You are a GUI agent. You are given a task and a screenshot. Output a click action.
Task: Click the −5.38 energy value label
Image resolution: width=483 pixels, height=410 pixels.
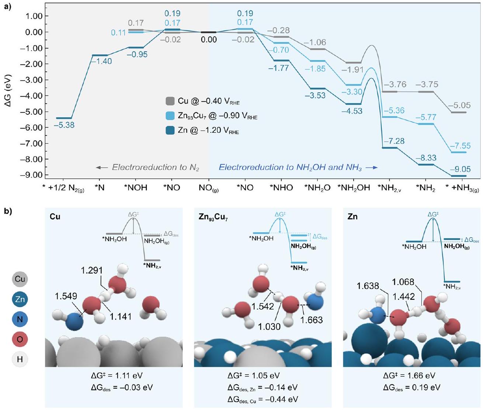click(x=64, y=125)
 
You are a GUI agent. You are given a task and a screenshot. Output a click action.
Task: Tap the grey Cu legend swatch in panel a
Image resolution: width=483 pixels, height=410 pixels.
click(x=170, y=101)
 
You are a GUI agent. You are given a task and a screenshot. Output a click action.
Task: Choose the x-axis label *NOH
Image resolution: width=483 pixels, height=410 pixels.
click(x=135, y=188)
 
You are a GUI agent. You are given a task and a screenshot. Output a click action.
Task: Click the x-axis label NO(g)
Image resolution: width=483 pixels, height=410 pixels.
click(x=208, y=188)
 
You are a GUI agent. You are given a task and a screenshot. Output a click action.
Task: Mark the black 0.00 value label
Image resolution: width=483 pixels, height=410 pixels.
click(x=209, y=39)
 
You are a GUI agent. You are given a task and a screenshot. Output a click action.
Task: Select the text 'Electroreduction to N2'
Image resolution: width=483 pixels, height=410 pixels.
click(x=155, y=167)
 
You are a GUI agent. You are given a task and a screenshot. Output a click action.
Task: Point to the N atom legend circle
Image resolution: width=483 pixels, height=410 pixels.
click(x=20, y=319)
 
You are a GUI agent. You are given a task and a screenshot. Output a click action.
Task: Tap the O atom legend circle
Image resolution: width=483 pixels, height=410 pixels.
click(x=20, y=339)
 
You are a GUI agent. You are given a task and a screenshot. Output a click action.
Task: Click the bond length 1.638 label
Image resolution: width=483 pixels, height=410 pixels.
click(x=368, y=286)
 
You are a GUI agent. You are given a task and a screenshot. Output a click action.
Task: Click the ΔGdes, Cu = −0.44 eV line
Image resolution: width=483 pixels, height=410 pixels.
click(x=263, y=399)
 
